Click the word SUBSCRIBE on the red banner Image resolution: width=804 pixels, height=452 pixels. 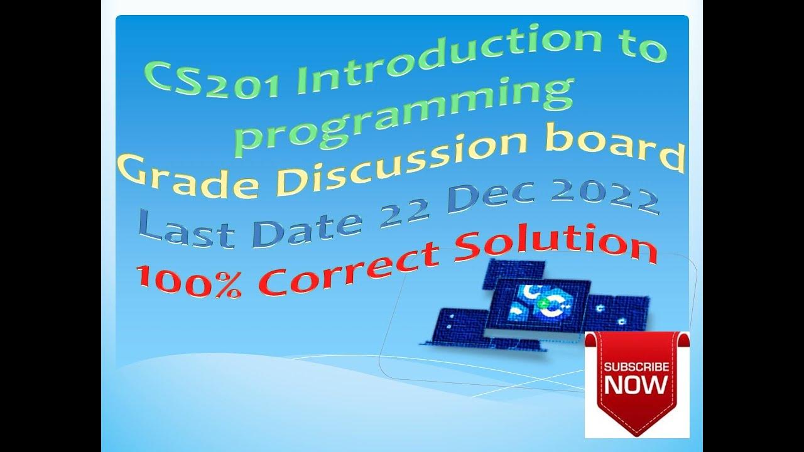636,367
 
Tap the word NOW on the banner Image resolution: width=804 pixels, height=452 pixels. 636,384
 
